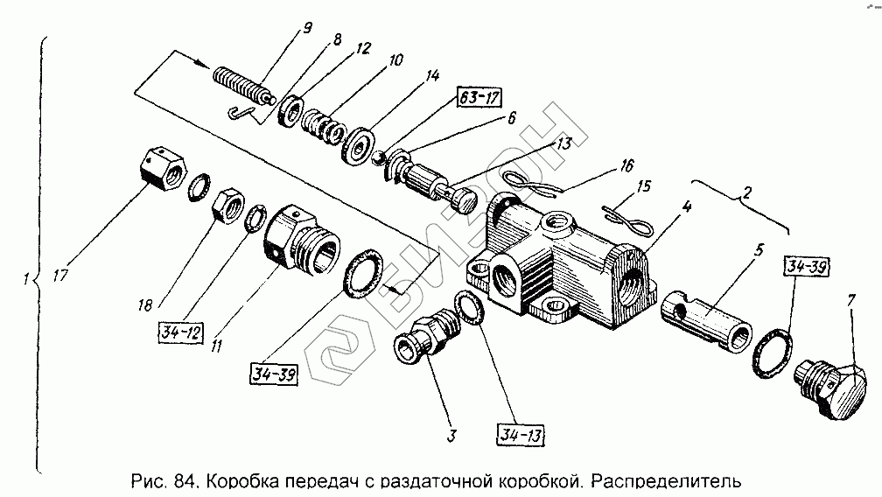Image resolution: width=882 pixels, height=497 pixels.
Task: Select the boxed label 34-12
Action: coord(179,332)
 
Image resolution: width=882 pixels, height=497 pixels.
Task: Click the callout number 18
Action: coord(145,305)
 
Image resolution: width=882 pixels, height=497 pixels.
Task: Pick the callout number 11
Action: coord(215,346)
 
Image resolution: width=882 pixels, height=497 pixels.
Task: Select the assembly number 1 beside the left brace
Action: coord(28,281)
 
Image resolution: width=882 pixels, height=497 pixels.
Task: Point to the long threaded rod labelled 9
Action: coord(240,85)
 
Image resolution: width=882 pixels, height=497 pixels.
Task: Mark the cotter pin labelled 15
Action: coord(626,220)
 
